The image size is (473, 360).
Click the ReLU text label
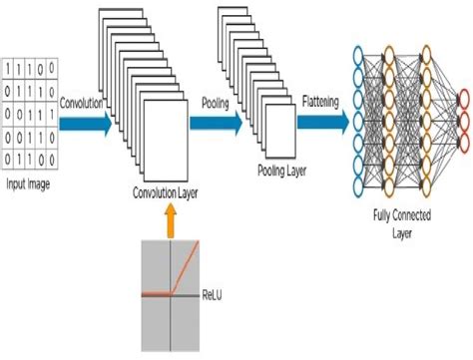click(x=215, y=294)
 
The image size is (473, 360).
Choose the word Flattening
click(x=324, y=101)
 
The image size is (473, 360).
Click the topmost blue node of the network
click(x=362, y=52)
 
